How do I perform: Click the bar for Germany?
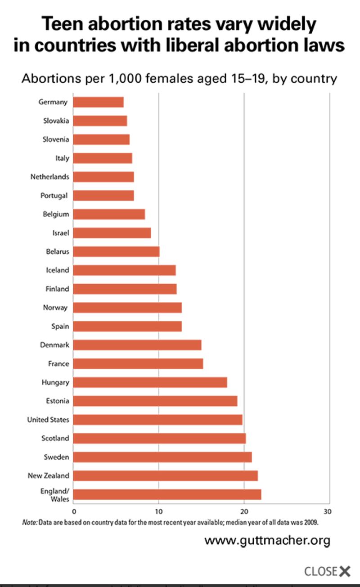click(x=98, y=102)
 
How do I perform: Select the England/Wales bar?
click(x=167, y=494)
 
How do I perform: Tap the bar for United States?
click(x=157, y=420)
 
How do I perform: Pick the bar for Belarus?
click(x=116, y=251)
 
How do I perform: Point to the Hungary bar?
click(x=150, y=382)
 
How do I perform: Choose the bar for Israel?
click(x=112, y=233)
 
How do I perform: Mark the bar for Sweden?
click(x=162, y=457)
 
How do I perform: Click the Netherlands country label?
click(x=50, y=177)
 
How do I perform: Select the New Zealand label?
click(x=49, y=475)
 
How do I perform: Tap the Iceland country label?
click(x=58, y=270)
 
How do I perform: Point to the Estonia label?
click(x=57, y=401)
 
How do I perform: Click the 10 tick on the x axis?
click(x=158, y=511)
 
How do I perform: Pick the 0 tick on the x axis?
click(x=74, y=511)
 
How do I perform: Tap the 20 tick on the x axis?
click(x=244, y=511)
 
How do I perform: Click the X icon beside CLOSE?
click(x=345, y=571)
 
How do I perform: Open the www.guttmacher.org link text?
click(x=267, y=540)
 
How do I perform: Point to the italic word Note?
click(x=30, y=523)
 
